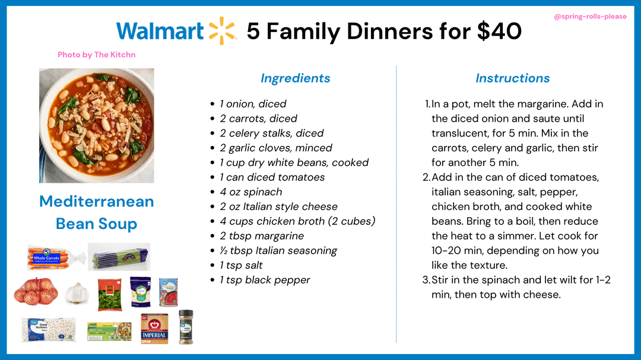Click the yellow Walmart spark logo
tap(223, 31)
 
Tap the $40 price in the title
tap(499, 31)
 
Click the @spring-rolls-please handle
tap(590, 17)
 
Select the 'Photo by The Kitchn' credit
tap(97, 55)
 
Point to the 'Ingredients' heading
tap(295, 78)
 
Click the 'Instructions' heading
tap(512, 78)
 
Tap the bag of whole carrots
tap(55, 257)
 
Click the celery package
tap(119, 257)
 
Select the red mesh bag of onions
tap(36, 291)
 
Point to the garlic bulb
tap(77, 293)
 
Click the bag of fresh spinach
tap(110, 295)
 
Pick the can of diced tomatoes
tap(169, 292)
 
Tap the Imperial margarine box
tap(154, 329)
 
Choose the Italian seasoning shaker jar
tap(186, 327)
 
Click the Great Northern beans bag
tap(49, 329)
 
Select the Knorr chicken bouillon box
tap(109, 332)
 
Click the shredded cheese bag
tap(140, 292)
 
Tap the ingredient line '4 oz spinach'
tap(250, 192)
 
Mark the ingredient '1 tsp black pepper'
tap(265, 280)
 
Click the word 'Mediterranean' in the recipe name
tap(97, 202)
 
